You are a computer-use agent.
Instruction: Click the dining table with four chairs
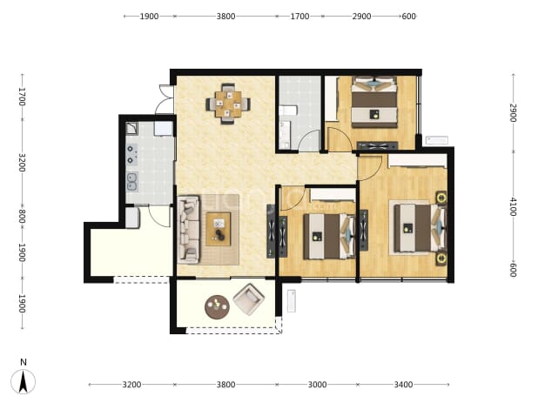[x=228, y=104]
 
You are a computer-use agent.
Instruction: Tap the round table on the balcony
[x=217, y=306]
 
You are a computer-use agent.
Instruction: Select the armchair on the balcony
[x=249, y=299]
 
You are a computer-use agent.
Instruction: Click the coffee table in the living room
[x=219, y=229]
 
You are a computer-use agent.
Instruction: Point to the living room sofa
[x=189, y=230]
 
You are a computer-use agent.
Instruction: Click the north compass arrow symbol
[x=23, y=382]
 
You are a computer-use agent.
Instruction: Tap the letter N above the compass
[x=24, y=362]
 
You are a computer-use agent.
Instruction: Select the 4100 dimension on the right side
[x=513, y=206]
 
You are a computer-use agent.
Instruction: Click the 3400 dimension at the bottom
[x=403, y=385]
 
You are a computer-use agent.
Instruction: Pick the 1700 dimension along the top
[x=299, y=17]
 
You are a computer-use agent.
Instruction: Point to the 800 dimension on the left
[x=22, y=216]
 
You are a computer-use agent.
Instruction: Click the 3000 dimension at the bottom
[x=317, y=385]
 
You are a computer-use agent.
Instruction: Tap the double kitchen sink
[x=132, y=181]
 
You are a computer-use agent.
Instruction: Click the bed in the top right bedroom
[x=374, y=102]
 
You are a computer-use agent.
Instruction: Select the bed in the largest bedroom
[x=420, y=228]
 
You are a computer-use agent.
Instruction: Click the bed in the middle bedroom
[x=329, y=236]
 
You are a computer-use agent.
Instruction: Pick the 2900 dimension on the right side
[x=513, y=112]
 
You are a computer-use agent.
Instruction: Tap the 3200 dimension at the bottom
[x=131, y=385]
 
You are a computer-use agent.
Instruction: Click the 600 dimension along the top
[x=408, y=17]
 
